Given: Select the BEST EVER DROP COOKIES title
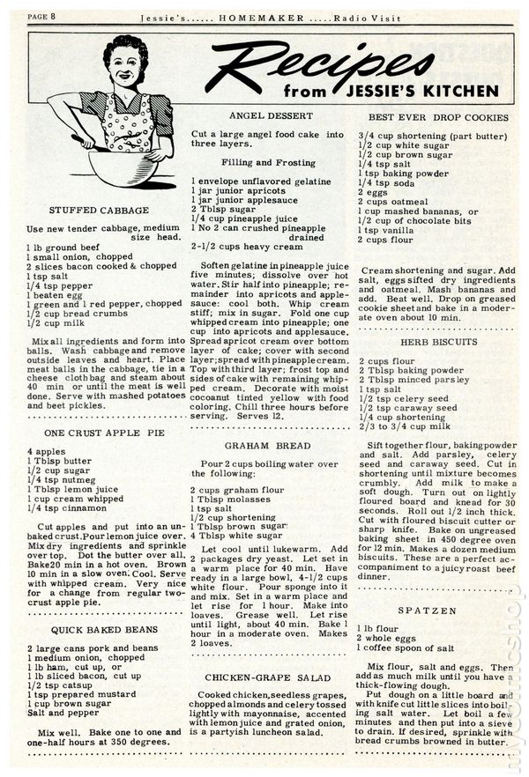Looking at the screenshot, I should (x=438, y=116).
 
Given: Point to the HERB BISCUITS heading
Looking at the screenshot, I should (x=438, y=340).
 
